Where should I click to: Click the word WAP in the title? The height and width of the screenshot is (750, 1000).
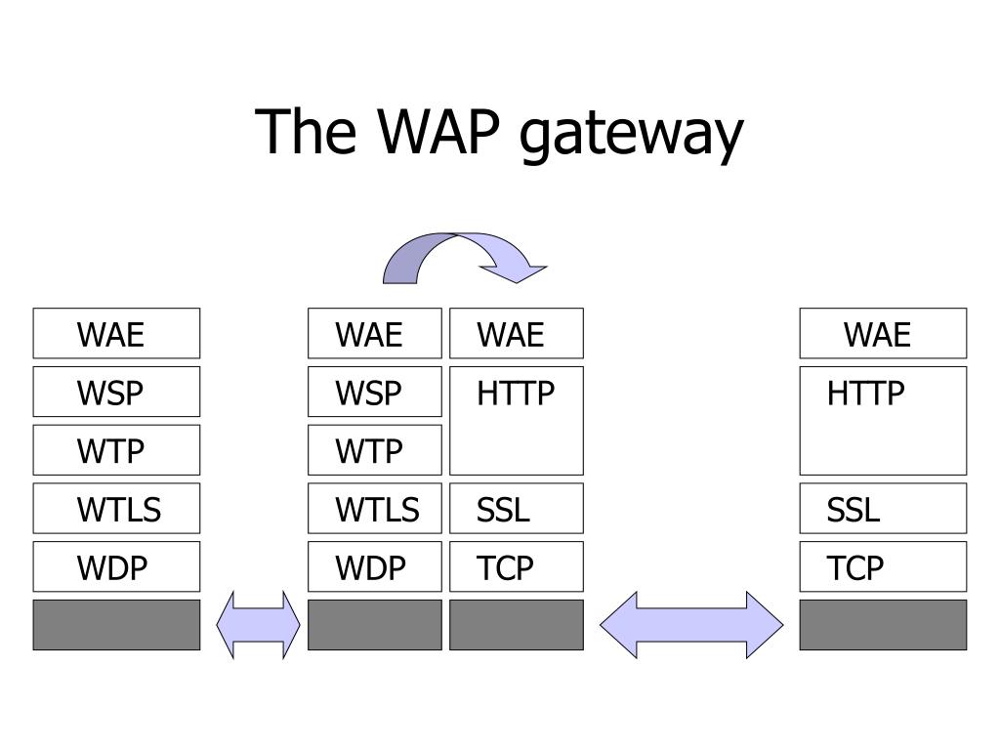pos(438,132)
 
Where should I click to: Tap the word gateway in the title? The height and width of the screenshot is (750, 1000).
pos(632,136)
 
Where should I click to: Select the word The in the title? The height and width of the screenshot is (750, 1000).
pos(306,131)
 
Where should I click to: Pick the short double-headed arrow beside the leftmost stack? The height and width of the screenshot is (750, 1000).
pos(258,625)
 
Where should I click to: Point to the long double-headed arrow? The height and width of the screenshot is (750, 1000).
pos(691,625)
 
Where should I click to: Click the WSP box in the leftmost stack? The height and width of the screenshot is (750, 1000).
pos(117,392)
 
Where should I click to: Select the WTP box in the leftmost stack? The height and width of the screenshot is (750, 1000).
pos(117,450)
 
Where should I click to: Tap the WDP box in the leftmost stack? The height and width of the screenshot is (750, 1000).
pos(117,567)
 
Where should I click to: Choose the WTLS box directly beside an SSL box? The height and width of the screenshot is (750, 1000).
pos(375,508)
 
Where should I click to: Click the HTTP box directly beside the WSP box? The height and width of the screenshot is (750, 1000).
pos(517,421)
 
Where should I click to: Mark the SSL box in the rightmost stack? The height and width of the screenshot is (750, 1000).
pos(883,508)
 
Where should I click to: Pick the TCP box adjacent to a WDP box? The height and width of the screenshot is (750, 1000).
pos(517,567)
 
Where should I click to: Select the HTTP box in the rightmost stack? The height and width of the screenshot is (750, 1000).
pos(883,421)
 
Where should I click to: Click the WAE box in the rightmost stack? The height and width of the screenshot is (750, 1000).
pos(883,334)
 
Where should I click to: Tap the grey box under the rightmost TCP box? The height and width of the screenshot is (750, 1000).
pos(883,625)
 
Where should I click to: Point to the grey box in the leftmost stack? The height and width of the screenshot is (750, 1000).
pos(117,625)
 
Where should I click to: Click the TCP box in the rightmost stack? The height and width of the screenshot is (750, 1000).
pos(883,567)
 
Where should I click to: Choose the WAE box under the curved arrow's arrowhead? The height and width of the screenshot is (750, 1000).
pos(517,334)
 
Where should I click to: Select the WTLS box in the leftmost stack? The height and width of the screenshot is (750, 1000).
pos(117,508)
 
